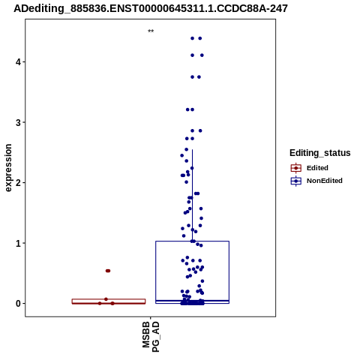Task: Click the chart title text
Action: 151,8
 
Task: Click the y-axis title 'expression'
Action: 8,168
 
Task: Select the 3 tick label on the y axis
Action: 18,122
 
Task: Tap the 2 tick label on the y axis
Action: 18,183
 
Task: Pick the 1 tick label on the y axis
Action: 18,243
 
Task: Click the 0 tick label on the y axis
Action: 18,304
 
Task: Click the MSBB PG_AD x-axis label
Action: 151,337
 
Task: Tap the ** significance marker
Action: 151,31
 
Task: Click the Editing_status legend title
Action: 320,153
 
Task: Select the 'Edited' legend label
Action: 317,168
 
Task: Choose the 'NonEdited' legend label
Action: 325,181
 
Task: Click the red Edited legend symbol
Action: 296,168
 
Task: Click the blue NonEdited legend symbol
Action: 296,181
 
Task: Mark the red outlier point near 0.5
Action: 108,271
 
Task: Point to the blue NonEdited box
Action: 156,272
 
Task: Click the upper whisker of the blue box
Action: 192,195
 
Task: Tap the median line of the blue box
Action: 192,301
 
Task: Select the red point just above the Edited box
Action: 106,299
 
